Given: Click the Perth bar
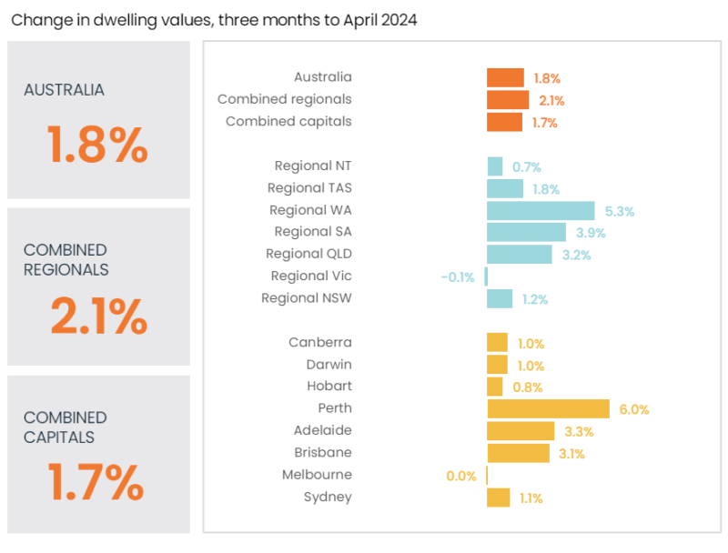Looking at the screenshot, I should point(548,408).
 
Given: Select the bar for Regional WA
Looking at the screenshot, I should point(541,210).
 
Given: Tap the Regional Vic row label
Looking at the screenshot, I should point(311,276).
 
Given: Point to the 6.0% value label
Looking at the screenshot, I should point(634,409).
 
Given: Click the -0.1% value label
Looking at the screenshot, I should point(458,276).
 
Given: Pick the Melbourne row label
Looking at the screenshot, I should point(317,474).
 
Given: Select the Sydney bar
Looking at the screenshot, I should point(499,497).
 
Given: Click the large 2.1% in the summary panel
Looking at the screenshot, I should point(98,317).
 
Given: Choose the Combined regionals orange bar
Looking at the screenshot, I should point(508,100).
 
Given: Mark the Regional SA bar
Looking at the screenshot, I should point(526,232).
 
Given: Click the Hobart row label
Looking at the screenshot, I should point(329,387).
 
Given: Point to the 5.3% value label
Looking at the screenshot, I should point(620,211).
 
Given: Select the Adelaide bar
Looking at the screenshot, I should point(521,430).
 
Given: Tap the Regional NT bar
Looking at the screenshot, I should point(495,166).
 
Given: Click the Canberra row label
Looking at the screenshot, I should point(320,343).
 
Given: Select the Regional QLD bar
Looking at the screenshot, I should point(520,254).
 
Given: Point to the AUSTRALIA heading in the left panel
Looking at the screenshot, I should point(65,90).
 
